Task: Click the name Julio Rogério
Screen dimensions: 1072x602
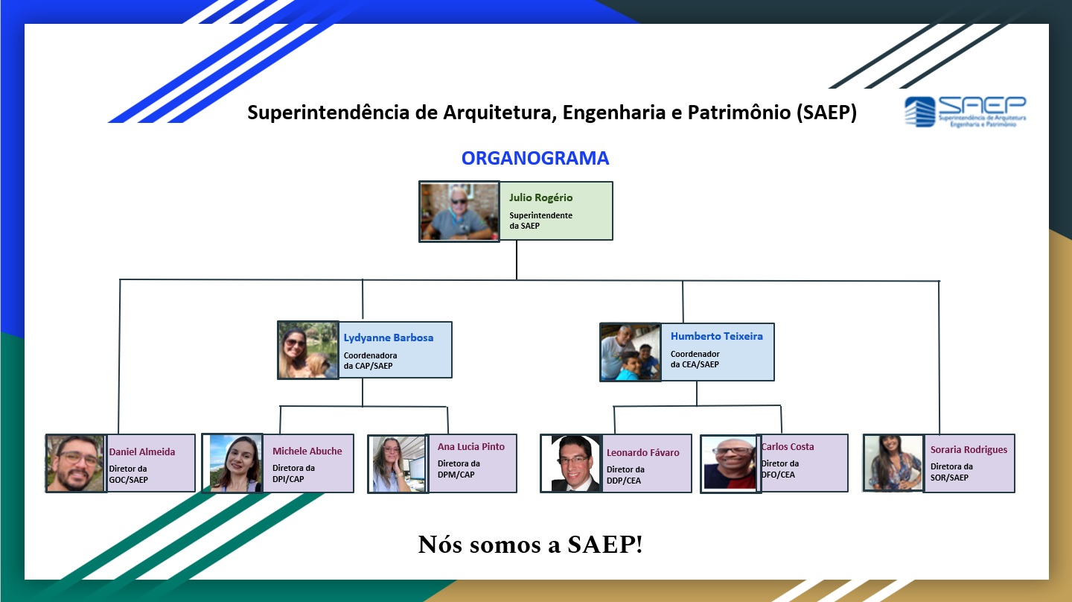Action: (x=540, y=197)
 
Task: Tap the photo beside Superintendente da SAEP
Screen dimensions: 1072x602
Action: (x=459, y=211)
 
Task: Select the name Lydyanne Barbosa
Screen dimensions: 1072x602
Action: (x=389, y=338)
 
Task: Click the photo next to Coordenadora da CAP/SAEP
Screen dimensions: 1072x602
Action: (x=308, y=350)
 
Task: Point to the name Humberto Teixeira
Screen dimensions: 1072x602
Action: (x=716, y=336)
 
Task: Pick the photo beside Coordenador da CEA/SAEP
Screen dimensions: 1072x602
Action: (x=631, y=352)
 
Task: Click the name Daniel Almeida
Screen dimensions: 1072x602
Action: (x=142, y=451)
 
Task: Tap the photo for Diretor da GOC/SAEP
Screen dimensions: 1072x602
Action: (x=76, y=463)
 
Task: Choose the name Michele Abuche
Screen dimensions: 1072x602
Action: (x=307, y=451)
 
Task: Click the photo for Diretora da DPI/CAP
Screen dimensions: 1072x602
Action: (x=232, y=463)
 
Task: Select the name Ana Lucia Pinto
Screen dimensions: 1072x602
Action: (x=471, y=446)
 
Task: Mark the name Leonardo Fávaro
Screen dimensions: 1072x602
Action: (x=642, y=452)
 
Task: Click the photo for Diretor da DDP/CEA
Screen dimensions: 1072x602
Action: (x=571, y=463)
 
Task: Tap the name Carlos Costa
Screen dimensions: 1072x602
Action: (x=788, y=446)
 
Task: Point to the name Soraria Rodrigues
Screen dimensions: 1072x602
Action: (x=969, y=450)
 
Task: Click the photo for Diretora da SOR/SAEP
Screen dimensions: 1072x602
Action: (x=893, y=463)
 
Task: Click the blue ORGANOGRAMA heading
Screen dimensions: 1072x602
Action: (x=535, y=158)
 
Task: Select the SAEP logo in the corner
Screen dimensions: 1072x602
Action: (x=965, y=112)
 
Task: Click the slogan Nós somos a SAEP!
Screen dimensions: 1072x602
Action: (x=530, y=545)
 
